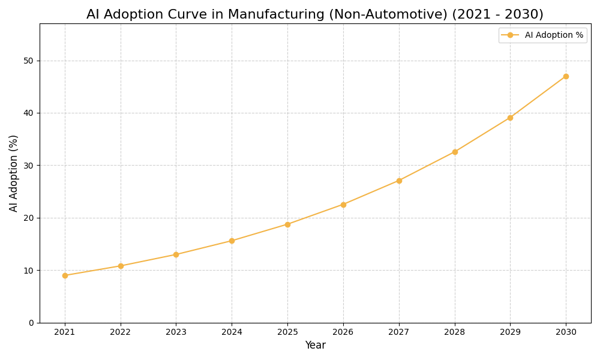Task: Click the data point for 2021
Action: click(x=65, y=275)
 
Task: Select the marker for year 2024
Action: click(x=232, y=241)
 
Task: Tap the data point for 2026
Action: click(x=343, y=205)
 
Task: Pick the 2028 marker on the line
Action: click(x=455, y=152)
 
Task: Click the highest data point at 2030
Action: click(x=566, y=76)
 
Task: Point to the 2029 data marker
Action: click(x=510, y=118)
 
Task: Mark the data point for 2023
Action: click(x=176, y=254)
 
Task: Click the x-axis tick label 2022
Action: click(x=121, y=332)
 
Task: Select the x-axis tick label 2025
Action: click(x=287, y=332)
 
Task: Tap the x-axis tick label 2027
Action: click(x=399, y=332)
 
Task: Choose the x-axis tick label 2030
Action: click(x=566, y=332)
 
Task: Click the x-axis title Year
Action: click(x=315, y=346)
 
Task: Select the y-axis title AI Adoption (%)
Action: click(x=14, y=173)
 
